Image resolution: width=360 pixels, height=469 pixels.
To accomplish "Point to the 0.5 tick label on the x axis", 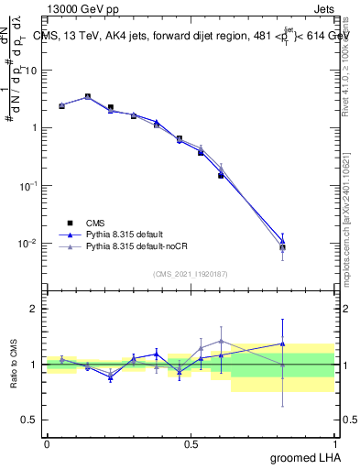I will click(191, 443).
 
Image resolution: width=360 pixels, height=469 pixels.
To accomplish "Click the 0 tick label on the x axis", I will click(47, 443).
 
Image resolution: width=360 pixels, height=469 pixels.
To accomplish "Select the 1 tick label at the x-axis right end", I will click(334, 443).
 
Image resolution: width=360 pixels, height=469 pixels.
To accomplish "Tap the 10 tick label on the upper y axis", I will click(31, 70).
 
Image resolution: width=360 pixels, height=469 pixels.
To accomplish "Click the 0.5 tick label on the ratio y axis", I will click(28, 421).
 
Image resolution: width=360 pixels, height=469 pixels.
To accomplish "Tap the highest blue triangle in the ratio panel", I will click(283, 344).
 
